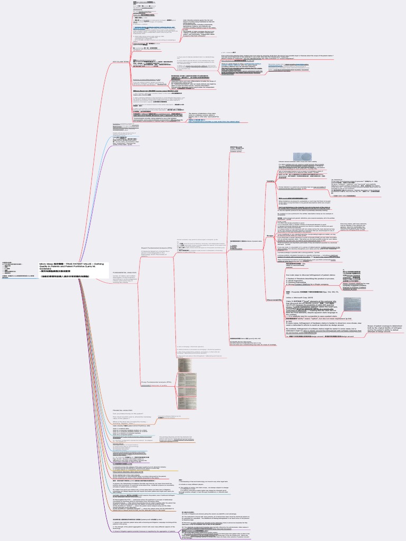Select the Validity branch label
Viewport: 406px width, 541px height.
270,181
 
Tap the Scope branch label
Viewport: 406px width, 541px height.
270,236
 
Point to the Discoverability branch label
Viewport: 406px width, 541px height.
273,300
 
